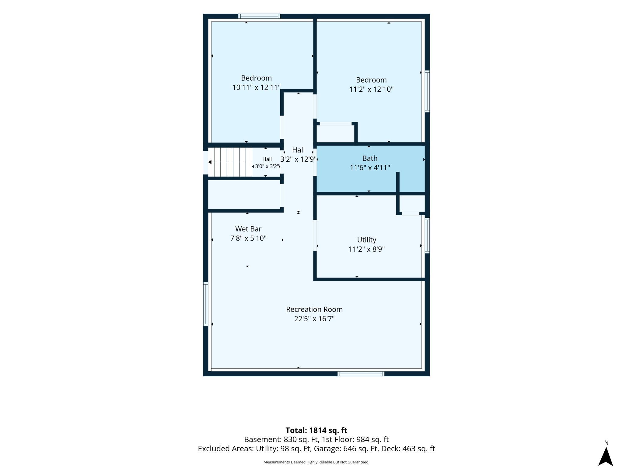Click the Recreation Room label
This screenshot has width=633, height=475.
pyautogui.click(x=314, y=309)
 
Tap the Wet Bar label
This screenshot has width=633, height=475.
pyautogui.click(x=248, y=229)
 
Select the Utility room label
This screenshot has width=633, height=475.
pyautogui.click(x=366, y=240)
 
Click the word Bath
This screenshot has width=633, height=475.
pyautogui.click(x=370, y=158)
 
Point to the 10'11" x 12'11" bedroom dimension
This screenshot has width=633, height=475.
pyautogui.click(x=256, y=87)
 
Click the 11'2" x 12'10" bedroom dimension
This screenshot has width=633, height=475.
pyautogui.click(x=371, y=89)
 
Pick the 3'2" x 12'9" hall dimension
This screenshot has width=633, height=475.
pyautogui.click(x=298, y=159)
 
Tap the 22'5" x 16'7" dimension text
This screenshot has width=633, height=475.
pyautogui.click(x=314, y=319)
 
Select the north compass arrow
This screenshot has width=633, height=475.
pyautogui.click(x=606, y=456)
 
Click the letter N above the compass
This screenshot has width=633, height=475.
pyautogui.click(x=606, y=443)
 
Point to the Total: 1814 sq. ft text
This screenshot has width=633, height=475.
pyautogui.click(x=316, y=430)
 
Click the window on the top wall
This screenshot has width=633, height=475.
pyautogui.click(x=259, y=16)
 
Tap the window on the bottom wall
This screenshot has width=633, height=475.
pyautogui.click(x=361, y=374)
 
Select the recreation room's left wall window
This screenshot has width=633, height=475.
pyautogui.click(x=206, y=304)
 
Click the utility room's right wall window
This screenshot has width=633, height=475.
pyautogui.click(x=427, y=235)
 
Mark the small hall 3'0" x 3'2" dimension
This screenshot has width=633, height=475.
pyautogui.click(x=267, y=167)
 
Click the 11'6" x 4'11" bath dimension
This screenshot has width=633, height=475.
pyautogui.click(x=370, y=168)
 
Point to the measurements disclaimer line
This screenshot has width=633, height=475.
pyautogui.click(x=316, y=462)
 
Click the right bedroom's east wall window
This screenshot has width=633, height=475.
pyautogui.click(x=427, y=91)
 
